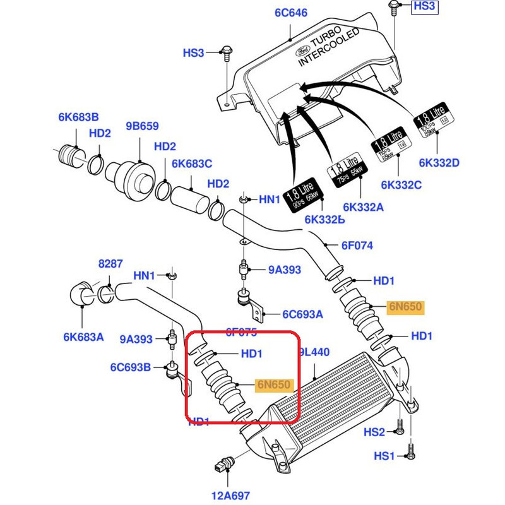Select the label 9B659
tap(142, 126)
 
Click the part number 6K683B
tap(78, 117)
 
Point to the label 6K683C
tap(192, 163)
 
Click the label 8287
tap(110, 264)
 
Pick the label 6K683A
tap(83, 337)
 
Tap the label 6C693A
tap(302, 314)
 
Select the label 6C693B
tap(131, 367)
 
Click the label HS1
tap(384, 456)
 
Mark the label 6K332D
tap(439, 163)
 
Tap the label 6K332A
tap(363, 206)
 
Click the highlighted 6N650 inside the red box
tap(273, 384)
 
